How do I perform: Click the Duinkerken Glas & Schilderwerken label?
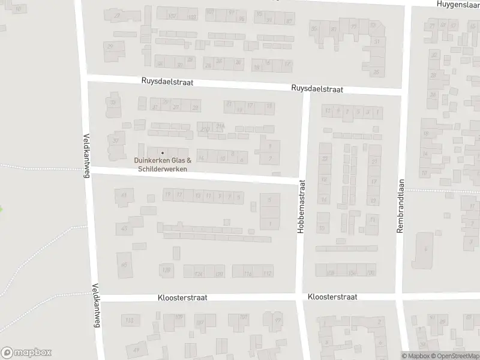[163, 164]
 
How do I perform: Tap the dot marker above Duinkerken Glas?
[162, 152]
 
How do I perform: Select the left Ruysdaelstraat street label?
[167, 82]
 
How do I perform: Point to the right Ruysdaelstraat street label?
[317, 89]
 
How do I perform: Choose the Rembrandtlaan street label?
[400, 208]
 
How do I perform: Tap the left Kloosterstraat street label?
[182, 298]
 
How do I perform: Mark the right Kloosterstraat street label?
[332, 297]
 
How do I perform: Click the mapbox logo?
[26, 352]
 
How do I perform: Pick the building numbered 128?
[166, 271]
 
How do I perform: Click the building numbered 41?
[124, 196]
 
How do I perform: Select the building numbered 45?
[124, 265]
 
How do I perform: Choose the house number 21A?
[221, 127]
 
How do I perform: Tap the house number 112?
[268, 274]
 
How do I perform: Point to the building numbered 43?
[124, 229]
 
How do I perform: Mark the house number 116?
[247, 274]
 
